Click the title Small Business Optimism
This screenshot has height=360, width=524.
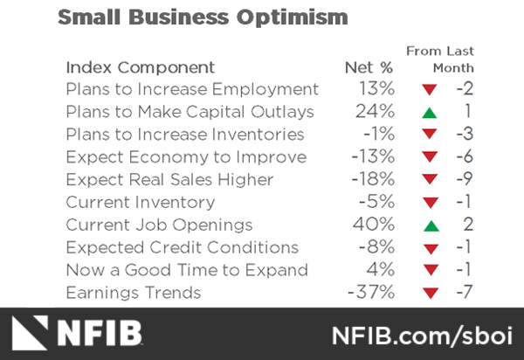(202, 17)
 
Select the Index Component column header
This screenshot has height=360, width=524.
(140, 67)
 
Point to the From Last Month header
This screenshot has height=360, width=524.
(440, 59)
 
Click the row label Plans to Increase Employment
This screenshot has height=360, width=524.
(192, 89)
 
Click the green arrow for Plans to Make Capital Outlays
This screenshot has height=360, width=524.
(428, 113)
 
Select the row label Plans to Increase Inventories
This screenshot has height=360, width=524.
(185, 135)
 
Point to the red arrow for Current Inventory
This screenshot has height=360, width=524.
(428, 204)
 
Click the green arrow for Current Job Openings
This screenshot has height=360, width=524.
(428, 225)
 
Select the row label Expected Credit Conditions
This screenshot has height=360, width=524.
(182, 247)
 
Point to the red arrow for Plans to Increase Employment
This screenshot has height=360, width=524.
(428, 90)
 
